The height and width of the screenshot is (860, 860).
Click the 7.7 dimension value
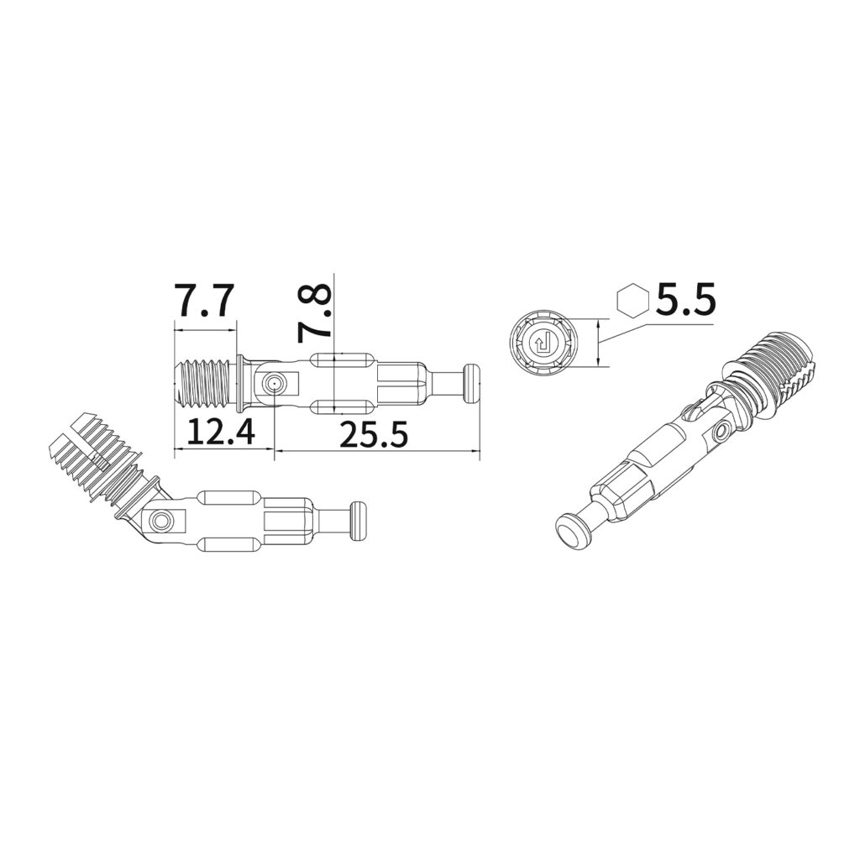point(204,300)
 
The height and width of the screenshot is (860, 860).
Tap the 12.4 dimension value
point(221,432)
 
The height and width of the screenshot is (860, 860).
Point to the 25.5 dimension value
point(374,434)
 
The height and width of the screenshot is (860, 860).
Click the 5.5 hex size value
point(686,300)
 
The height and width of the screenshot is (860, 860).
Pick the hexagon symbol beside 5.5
point(633,300)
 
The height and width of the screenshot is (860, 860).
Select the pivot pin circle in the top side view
point(273,383)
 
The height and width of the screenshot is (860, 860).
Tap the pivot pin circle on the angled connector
point(161,520)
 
